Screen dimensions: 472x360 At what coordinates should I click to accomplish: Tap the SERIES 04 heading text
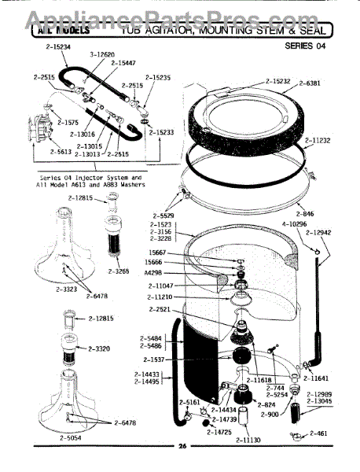point(309,46)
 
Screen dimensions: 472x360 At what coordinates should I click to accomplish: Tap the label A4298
point(154,273)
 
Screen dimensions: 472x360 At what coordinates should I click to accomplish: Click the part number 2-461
point(320,433)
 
